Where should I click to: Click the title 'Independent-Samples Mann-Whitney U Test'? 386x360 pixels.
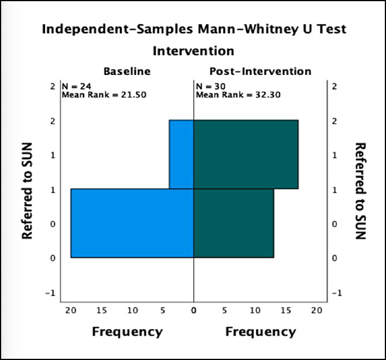(x=193, y=30)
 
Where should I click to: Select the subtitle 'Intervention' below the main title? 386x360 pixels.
(x=193, y=51)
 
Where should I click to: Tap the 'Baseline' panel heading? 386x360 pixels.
(x=127, y=71)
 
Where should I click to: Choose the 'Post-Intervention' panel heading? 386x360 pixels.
(x=260, y=71)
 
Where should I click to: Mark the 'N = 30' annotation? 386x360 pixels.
(x=207, y=85)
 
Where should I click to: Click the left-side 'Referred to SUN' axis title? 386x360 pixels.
(x=26, y=190)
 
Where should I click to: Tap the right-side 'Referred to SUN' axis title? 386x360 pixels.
(x=360, y=191)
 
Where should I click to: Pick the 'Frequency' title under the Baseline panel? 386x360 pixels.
(x=127, y=332)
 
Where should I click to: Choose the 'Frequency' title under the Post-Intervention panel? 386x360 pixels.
(x=260, y=332)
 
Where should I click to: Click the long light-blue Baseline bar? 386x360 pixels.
(x=132, y=223)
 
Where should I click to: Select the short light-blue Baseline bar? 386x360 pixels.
(x=181, y=155)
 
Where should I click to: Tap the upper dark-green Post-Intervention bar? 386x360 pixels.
(x=246, y=155)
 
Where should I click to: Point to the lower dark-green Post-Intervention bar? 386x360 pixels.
(x=233, y=223)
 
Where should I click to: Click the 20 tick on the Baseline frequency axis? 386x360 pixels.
(x=71, y=310)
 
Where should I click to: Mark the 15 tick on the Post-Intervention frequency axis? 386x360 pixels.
(x=285, y=310)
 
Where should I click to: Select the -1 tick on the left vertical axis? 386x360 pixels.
(x=51, y=293)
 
